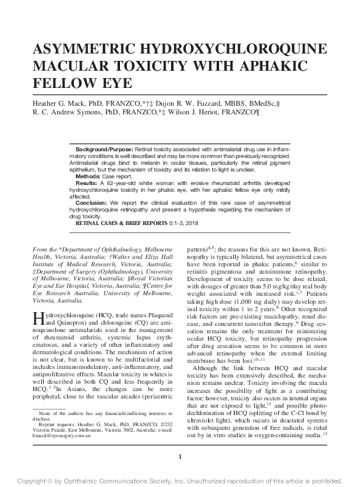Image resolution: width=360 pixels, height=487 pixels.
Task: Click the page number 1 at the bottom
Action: pos(180,456)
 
